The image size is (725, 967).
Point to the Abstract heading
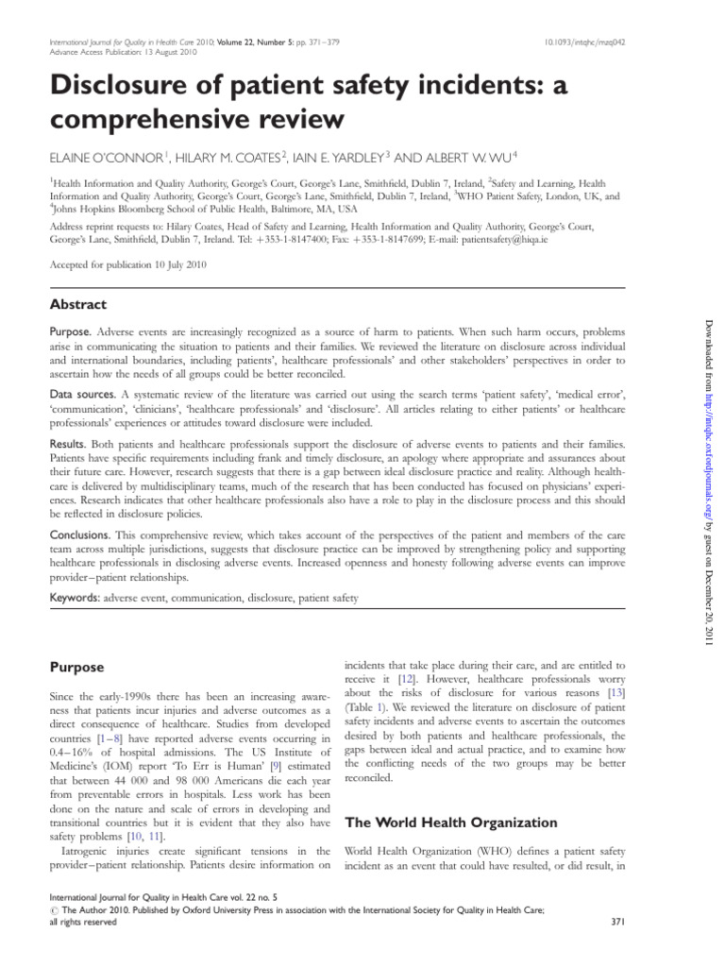pyautogui.click(x=77, y=304)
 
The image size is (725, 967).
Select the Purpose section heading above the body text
pyautogui.click(x=76, y=668)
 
